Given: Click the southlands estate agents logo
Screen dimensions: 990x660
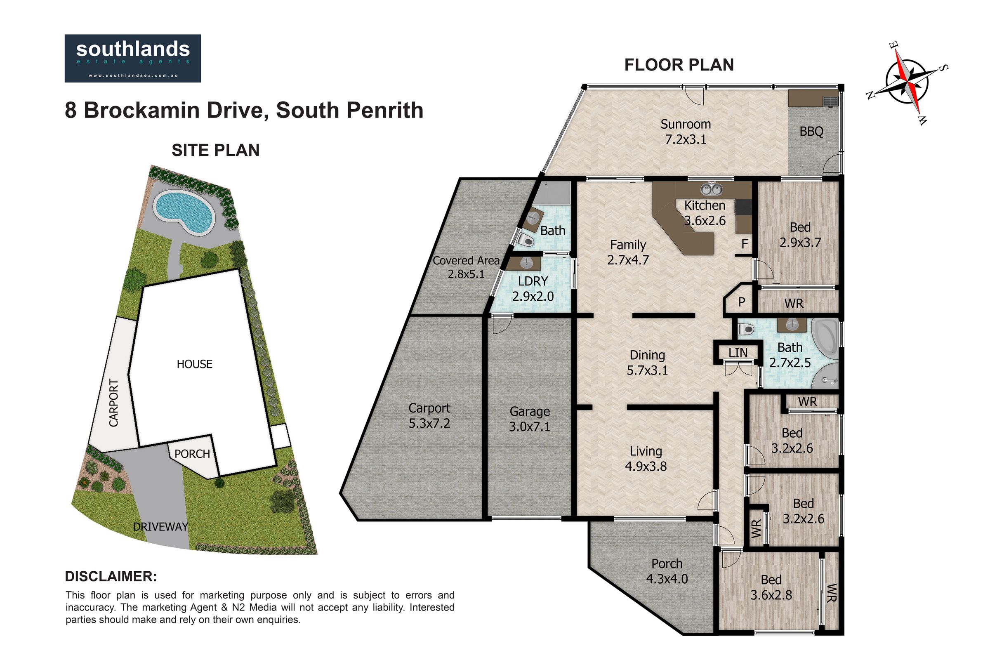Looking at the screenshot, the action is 132,58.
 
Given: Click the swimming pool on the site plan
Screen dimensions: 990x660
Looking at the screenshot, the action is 183,213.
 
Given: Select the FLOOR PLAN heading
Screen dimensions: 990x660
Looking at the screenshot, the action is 679,65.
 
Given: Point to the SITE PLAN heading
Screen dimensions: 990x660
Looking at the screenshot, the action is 215,150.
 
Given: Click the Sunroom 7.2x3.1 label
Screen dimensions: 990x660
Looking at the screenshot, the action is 686,131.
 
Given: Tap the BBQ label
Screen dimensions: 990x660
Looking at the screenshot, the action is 811,132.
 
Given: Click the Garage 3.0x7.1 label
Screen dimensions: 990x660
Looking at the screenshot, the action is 530,419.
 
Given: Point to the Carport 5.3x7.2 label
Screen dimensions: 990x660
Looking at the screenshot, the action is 429,415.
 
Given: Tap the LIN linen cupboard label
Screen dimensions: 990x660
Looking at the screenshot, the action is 738,353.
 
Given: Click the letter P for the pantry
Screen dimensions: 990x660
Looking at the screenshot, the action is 742,302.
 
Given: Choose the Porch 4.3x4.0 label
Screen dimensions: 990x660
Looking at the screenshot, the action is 667,571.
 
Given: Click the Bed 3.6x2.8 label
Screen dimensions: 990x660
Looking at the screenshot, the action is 771,587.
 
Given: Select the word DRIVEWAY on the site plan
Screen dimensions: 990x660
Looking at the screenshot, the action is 160,527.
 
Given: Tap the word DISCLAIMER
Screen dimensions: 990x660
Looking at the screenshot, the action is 111,576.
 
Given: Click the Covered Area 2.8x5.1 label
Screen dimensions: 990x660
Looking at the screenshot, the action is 466,267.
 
